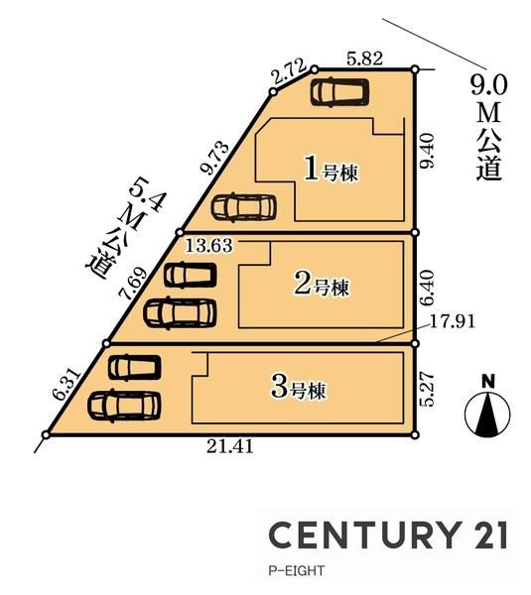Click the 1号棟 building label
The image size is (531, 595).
pyautogui.click(x=332, y=170)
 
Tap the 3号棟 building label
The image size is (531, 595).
pyautogui.click(x=299, y=388)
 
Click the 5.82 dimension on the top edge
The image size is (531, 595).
pyautogui.click(x=364, y=59)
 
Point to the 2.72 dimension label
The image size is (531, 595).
pyautogui.click(x=290, y=72)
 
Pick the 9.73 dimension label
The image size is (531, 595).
pyautogui.click(x=216, y=159)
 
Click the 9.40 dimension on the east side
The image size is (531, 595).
pyautogui.click(x=426, y=151)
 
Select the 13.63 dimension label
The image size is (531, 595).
pyautogui.click(x=208, y=246)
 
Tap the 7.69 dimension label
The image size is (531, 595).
pyautogui.click(x=133, y=283)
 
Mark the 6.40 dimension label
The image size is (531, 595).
pyautogui.click(x=426, y=288)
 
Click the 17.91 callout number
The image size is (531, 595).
pyautogui.click(x=452, y=321)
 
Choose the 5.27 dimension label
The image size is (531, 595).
pyautogui.click(x=426, y=390)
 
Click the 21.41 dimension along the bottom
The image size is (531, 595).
pyautogui.click(x=230, y=446)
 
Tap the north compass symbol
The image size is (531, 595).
pyautogui.click(x=487, y=408)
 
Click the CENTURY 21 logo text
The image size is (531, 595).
pyautogui.click(x=388, y=535)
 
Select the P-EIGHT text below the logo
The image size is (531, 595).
pyautogui.click(x=297, y=570)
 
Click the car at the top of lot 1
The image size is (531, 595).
pyautogui.click(x=339, y=92)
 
